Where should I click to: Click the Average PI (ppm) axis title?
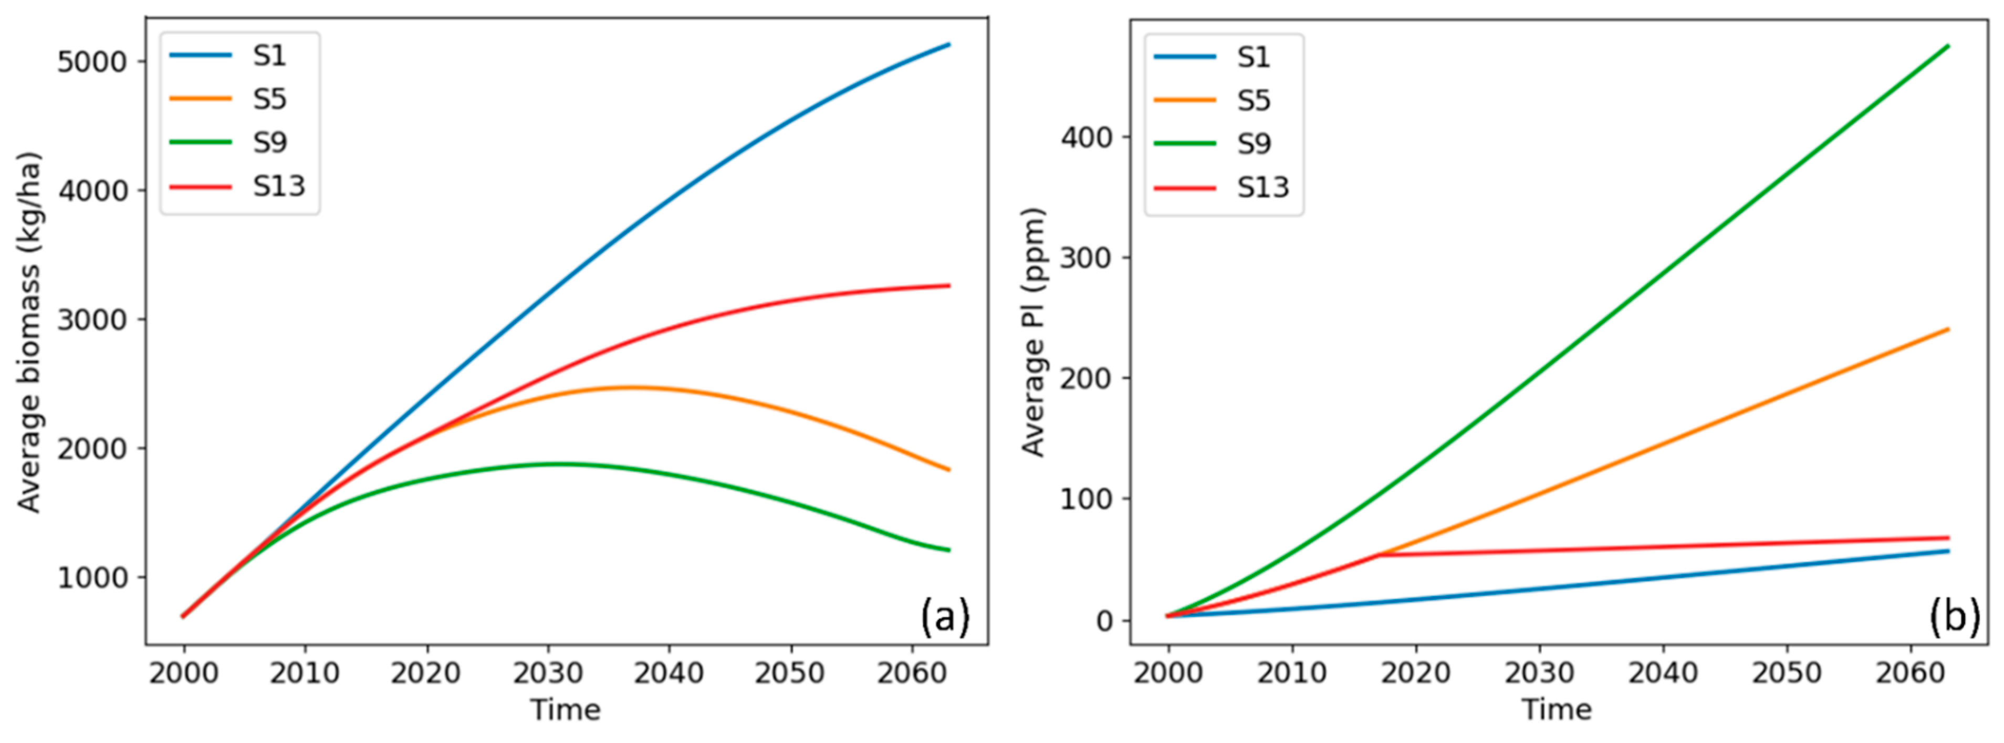click(1032, 332)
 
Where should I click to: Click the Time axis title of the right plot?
click(1557, 709)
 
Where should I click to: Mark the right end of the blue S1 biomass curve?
click(949, 44)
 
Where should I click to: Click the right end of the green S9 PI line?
click(1948, 46)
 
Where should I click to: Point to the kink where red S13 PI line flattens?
click(1379, 555)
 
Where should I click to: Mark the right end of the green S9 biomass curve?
click(949, 550)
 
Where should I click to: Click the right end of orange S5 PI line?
click(1948, 329)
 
